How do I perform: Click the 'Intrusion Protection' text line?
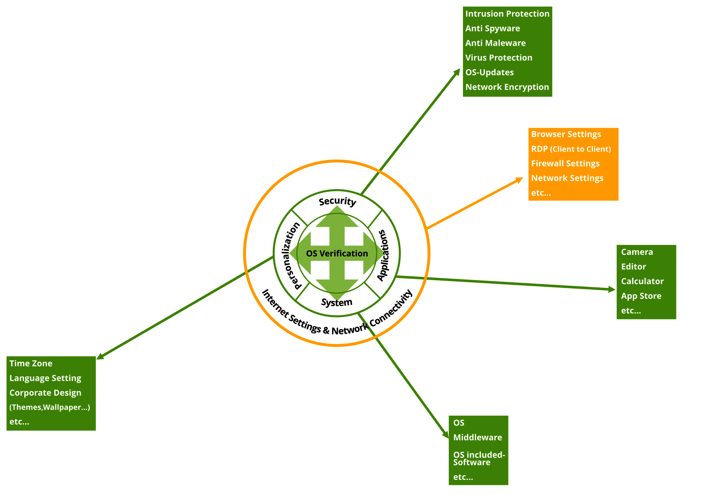(x=507, y=14)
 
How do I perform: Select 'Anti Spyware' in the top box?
(x=492, y=29)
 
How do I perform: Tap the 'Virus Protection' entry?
(x=498, y=58)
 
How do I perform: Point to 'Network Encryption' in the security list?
(x=507, y=87)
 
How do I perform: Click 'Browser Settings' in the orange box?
(x=566, y=135)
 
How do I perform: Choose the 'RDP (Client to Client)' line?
(x=571, y=149)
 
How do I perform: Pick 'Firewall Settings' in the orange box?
(x=565, y=164)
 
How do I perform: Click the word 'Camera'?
(x=637, y=252)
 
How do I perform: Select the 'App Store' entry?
(x=641, y=296)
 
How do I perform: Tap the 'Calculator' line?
(x=642, y=281)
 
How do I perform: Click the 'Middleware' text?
(x=477, y=437)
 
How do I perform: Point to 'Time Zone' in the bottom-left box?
(x=31, y=363)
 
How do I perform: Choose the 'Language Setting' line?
(x=45, y=378)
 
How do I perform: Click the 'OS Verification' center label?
(x=337, y=254)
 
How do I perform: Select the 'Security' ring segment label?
(x=337, y=202)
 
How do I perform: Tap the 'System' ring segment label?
(x=337, y=303)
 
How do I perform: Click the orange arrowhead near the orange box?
(x=519, y=180)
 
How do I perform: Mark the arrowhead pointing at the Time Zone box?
(x=100, y=356)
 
